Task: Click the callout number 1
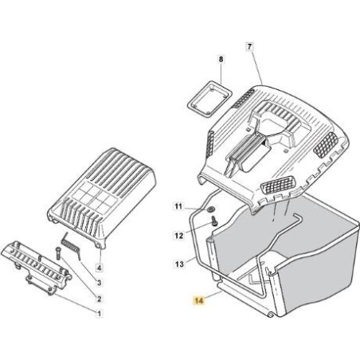point(99,314)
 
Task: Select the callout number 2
point(99,299)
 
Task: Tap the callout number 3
point(99,283)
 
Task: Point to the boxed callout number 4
point(99,268)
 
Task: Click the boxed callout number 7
point(249,47)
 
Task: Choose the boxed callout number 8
point(221,59)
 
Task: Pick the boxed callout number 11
point(178,206)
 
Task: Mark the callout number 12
point(179,236)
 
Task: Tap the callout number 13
point(179,264)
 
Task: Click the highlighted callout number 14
point(199,300)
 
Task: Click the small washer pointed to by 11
point(211,209)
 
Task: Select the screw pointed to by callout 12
point(214,221)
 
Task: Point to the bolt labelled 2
point(58,253)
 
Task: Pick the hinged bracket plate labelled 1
point(37,267)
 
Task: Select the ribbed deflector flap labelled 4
point(102,197)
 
